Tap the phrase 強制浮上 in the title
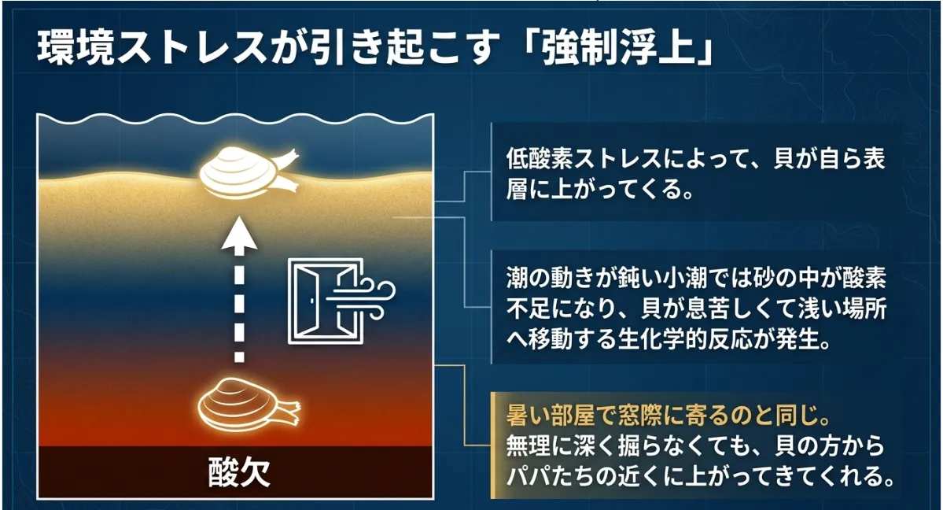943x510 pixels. (x=618, y=47)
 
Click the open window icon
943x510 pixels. (x=326, y=301)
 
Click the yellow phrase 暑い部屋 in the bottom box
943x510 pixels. (x=551, y=416)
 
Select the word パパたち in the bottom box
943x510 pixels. (x=551, y=477)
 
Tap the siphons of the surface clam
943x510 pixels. (x=283, y=172)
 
